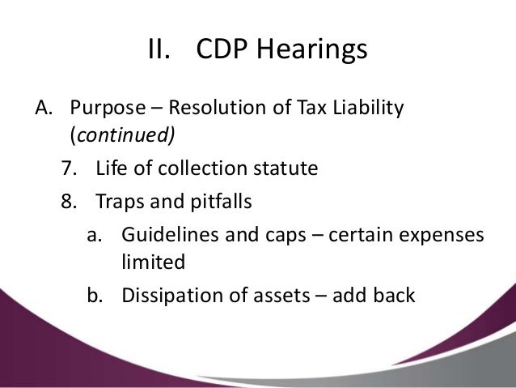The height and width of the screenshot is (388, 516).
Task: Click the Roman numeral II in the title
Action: (x=159, y=50)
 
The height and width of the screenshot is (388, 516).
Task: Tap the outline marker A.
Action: (x=41, y=108)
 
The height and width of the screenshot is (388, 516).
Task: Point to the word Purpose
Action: (x=104, y=108)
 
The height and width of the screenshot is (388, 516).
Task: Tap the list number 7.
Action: (x=66, y=170)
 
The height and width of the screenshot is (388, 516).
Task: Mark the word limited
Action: (x=153, y=262)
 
